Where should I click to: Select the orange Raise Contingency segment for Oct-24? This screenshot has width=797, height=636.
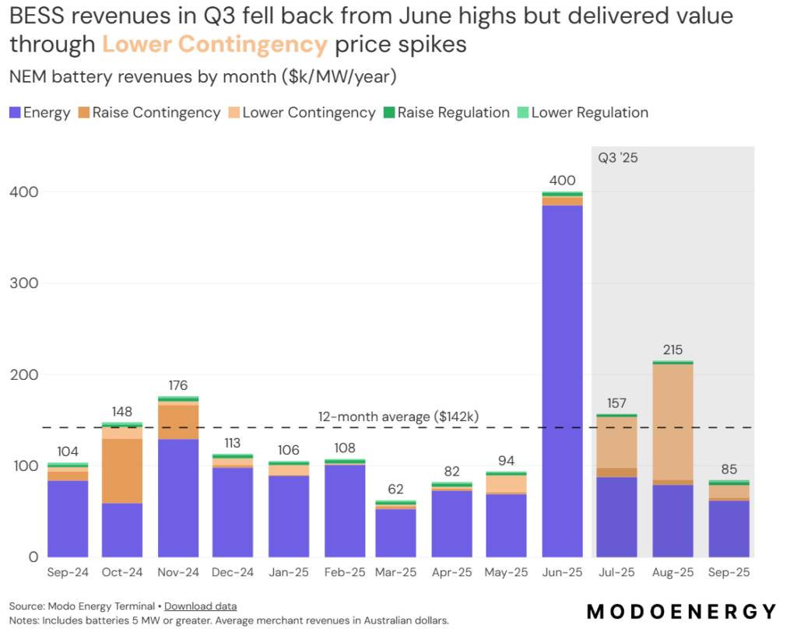(122, 471)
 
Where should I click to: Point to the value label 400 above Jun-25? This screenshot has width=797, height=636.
(563, 181)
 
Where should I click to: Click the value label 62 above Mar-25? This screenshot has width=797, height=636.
(395, 490)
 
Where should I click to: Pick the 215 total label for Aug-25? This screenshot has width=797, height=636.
(673, 350)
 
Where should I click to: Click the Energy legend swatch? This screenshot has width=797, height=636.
(15, 113)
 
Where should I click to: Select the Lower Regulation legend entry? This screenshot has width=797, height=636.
(581, 113)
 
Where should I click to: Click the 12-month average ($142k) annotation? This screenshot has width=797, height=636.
(398, 416)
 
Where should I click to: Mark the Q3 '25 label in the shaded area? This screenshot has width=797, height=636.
(618, 158)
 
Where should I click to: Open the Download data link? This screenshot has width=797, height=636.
(200, 606)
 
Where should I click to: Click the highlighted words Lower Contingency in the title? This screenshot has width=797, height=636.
(215, 44)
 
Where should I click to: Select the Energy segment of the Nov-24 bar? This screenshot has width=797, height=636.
(178, 498)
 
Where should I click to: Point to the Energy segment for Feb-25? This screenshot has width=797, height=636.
(344, 511)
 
